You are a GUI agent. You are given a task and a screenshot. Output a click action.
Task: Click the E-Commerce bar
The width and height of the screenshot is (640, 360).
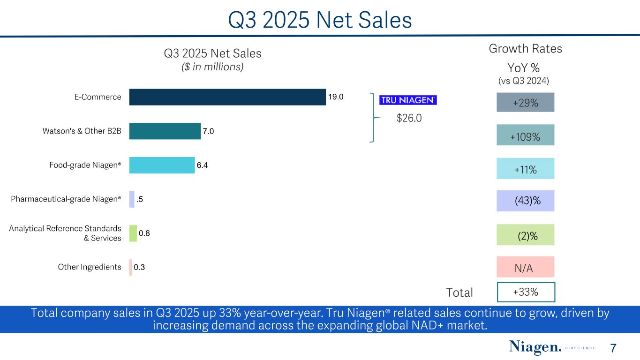227,97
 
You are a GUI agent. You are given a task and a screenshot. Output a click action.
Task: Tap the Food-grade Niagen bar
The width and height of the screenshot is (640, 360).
162,165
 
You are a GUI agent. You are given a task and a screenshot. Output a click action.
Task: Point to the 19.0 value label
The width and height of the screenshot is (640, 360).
336,97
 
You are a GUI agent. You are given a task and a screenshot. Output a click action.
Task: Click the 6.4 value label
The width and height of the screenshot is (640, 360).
203,165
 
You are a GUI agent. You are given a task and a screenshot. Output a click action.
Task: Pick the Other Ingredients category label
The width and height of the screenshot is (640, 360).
90,267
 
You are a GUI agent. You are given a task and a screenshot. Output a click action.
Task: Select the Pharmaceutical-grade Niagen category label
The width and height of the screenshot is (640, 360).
66,199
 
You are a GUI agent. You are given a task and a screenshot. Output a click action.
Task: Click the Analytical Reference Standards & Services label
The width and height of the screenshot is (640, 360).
65,233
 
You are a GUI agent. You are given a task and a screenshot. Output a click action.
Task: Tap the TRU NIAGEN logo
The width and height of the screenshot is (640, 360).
408,100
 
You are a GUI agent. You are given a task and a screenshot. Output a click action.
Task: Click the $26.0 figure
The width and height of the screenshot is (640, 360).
409,119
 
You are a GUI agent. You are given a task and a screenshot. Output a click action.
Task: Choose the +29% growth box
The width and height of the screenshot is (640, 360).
525,102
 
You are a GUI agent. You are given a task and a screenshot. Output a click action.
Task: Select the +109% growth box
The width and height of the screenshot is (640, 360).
525,136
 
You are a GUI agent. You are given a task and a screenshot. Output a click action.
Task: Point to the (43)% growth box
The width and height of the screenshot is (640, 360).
525,201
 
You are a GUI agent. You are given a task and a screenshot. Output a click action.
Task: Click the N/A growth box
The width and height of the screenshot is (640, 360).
525,268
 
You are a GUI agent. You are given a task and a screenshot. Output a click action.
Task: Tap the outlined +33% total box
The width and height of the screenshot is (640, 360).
526,292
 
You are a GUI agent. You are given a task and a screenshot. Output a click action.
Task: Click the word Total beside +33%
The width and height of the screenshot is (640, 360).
459,292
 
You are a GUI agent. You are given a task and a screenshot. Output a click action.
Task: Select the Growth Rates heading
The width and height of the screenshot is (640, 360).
525,49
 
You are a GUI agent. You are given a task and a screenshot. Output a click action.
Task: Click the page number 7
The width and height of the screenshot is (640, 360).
613,348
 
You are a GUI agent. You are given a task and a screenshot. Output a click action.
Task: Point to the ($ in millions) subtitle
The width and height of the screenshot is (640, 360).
212,67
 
